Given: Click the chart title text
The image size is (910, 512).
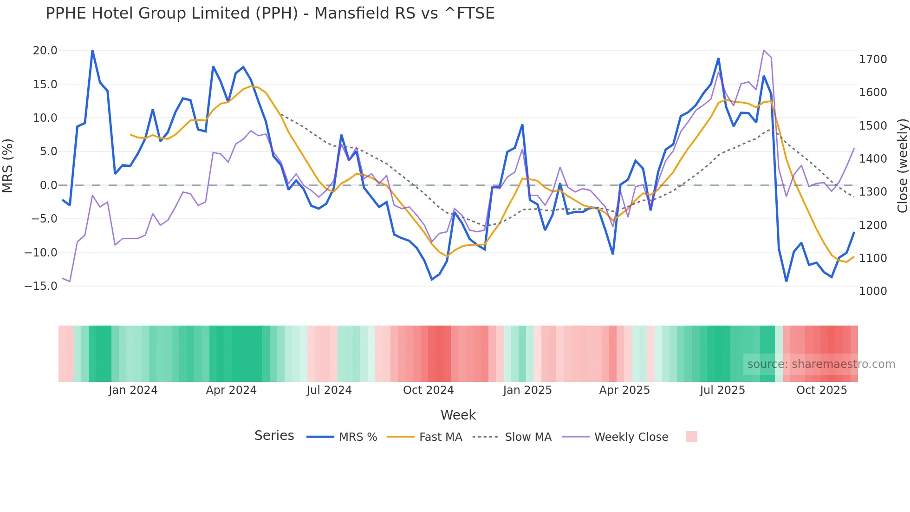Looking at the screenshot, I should (270, 13).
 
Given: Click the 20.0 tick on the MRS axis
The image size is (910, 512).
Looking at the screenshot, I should (45, 51).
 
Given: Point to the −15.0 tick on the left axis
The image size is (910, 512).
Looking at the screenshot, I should (41, 286).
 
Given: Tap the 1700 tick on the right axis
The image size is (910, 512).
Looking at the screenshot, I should (873, 59).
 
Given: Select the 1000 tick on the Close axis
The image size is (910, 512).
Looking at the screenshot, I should (873, 291).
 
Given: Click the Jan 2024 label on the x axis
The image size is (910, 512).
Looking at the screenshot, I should (133, 390).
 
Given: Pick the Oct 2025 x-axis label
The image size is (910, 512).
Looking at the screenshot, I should (821, 390).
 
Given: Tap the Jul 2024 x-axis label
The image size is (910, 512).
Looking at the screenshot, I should (329, 390).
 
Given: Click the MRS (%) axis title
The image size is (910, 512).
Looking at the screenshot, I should (7, 166).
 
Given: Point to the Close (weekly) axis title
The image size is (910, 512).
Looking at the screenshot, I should (902, 166).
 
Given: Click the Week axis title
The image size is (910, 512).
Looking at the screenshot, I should (458, 415).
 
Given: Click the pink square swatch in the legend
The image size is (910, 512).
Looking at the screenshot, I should (691, 437).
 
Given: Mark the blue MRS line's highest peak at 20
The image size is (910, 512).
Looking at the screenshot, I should (92, 51).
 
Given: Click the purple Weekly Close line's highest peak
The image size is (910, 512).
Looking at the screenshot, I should (764, 50).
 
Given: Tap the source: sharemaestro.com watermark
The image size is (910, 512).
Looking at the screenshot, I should (821, 364).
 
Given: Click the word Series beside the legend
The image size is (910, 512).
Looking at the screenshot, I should (274, 436).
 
